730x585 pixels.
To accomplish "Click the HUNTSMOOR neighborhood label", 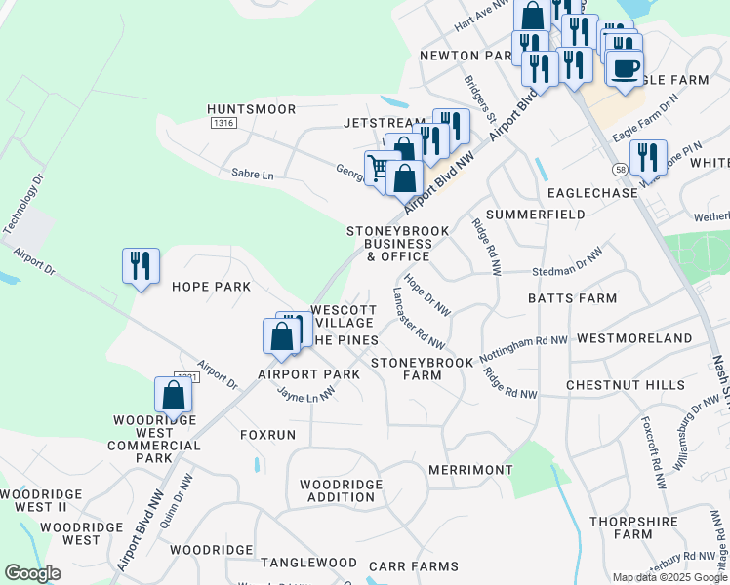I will pyautogui.click(x=251, y=109).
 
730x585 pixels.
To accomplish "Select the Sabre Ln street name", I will pyautogui.click(x=252, y=173).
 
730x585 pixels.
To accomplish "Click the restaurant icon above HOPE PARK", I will pyautogui.click(x=141, y=266).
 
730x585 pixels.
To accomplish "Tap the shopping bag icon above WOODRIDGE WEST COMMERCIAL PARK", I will pyautogui.click(x=173, y=396).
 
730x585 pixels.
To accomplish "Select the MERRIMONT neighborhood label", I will pyautogui.click(x=470, y=470).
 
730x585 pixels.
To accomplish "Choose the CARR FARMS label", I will pyautogui.click(x=413, y=566).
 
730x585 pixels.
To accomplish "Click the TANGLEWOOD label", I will pyautogui.click(x=302, y=563).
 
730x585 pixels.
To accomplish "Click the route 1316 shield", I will pyautogui.click(x=223, y=124).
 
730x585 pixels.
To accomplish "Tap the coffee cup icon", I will pyautogui.click(x=625, y=69).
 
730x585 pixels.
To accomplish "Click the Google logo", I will pyautogui.click(x=32, y=573).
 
